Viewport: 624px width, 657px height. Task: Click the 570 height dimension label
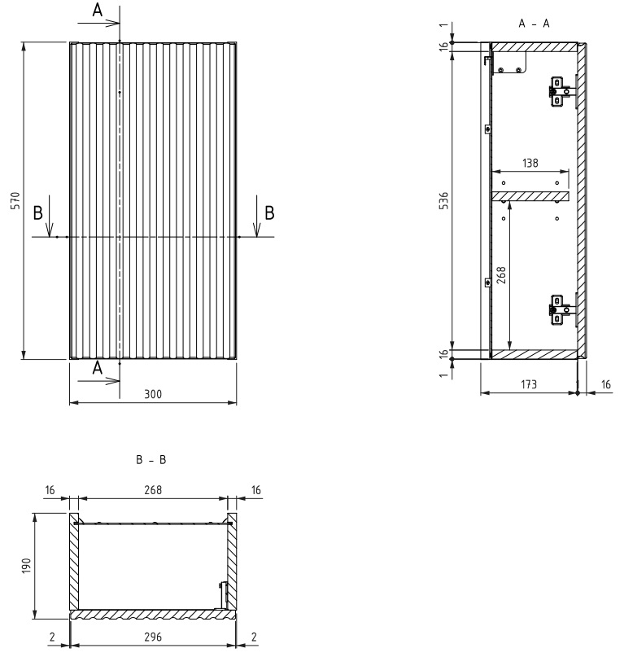click(x=15, y=201)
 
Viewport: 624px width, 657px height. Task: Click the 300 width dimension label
click(x=153, y=394)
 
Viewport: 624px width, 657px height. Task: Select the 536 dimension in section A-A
click(x=443, y=201)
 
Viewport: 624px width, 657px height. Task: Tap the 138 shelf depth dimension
click(x=530, y=163)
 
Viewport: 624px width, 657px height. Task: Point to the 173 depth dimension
click(x=529, y=384)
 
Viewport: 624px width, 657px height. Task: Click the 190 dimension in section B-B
click(x=26, y=566)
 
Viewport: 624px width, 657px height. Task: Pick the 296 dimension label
click(x=153, y=637)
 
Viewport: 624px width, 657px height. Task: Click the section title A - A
click(x=534, y=24)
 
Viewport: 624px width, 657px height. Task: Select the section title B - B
click(x=151, y=460)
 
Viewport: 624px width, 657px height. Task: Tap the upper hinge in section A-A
click(x=560, y=92)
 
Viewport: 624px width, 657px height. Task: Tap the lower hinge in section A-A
click(x=560, y=310)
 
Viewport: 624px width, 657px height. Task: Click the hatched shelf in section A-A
click(x=530, y=196)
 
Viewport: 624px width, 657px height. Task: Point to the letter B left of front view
click(x=37, y=212)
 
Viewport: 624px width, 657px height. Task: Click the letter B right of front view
click(x=269, y=212)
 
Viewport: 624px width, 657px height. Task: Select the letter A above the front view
click(x=97, y=10)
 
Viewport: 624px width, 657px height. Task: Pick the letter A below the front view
click(x=97, y=368)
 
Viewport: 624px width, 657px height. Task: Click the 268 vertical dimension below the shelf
click(x=501, y=275)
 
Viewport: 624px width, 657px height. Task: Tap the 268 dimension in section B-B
click(x=153, y=490)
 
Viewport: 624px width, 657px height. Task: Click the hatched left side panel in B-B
click(x=74, y=562)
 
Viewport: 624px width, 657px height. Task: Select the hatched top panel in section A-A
click(x=534, y=47)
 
